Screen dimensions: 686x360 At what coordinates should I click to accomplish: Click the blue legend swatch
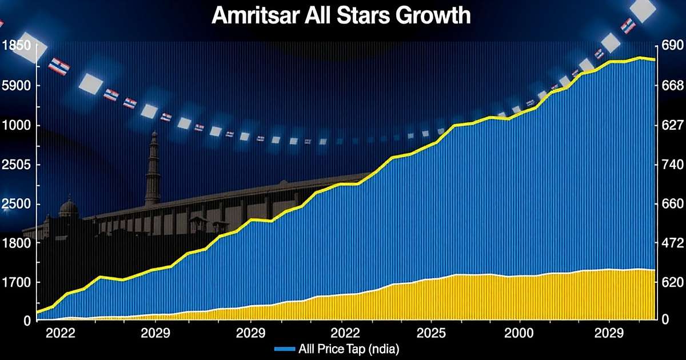284,348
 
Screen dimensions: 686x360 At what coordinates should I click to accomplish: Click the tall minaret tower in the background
153,169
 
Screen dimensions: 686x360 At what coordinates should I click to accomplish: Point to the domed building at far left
69,209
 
